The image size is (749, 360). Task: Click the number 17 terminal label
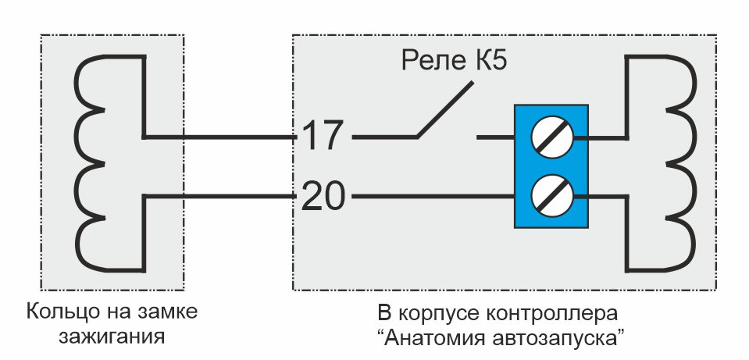[x=323, y=136]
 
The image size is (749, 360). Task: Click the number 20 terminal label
[x=323, y=196]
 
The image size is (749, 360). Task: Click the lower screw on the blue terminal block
[x=551, y=196]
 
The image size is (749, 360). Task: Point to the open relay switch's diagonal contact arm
[x=445, y=109]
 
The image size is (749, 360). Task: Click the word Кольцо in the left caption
[x=56, y=312]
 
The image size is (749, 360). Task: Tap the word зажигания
[x=112, y=337]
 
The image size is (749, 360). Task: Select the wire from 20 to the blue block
[x=433, y=196]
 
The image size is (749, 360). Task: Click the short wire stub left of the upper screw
[x=496, y=137]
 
